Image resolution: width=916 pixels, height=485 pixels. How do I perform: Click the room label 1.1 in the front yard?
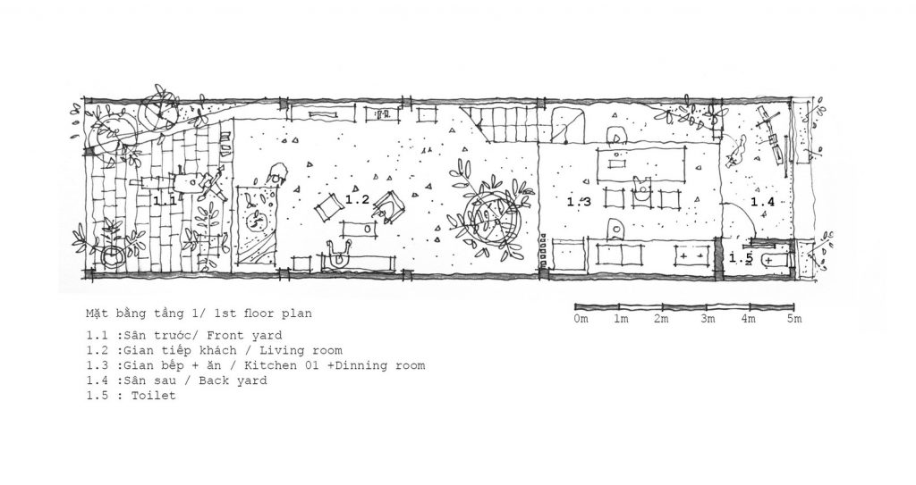(165, 201)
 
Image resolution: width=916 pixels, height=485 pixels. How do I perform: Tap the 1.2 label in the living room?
(357, 199)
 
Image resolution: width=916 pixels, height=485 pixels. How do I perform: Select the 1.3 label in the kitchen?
(579, 202)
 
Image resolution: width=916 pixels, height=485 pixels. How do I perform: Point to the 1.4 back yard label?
(762, 202)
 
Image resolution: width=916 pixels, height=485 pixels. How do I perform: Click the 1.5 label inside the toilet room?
(741, 258)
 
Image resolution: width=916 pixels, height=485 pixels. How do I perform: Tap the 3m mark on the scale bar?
(708, 319)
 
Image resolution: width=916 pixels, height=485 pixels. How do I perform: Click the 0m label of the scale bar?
(581, 319)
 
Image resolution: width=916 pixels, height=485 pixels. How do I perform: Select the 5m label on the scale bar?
(794, 319)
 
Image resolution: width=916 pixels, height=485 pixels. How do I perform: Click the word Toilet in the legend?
(153, 396)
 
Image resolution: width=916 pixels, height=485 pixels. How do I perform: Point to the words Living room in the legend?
(301, 351)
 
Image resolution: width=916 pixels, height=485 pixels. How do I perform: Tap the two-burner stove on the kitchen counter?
(692, 255)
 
